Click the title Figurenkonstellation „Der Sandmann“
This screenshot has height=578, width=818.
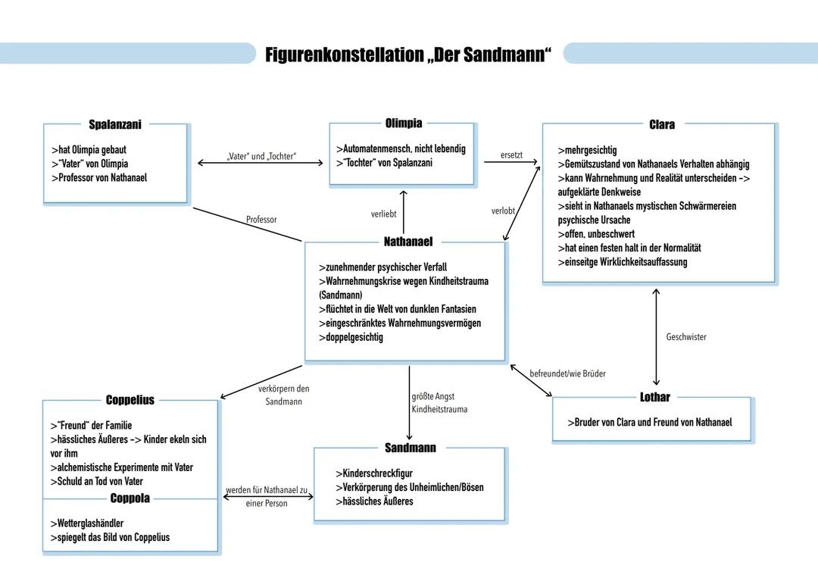408,55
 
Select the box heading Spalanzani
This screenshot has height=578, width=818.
114,124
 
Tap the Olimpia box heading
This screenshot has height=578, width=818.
403,123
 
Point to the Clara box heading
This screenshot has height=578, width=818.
661,124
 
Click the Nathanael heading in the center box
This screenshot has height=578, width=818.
407,242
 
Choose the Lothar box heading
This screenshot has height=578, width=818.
654,397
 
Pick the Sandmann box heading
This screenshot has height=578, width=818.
410,448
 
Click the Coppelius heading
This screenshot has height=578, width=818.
130,400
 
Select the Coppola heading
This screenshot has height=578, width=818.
130,498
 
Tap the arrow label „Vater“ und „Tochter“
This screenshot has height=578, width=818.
261,156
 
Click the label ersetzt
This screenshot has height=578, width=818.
511,155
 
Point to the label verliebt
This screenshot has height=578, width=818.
384,214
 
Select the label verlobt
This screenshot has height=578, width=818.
503,211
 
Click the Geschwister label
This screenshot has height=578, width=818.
685,337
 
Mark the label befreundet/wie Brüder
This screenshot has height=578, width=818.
567,373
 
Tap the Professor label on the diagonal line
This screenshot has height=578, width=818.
261,220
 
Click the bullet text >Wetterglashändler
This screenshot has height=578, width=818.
86,523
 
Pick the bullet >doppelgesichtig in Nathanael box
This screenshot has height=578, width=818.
351,337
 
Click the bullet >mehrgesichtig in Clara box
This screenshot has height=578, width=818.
587,150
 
